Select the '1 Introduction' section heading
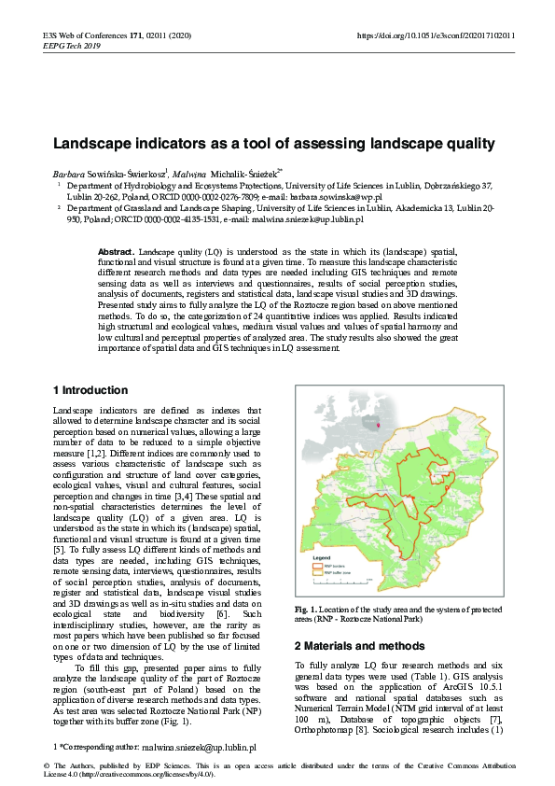pos(90,390)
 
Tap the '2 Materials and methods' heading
pos(360,645)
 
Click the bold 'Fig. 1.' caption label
pos(308,610)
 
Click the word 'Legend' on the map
pos(321,557)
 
